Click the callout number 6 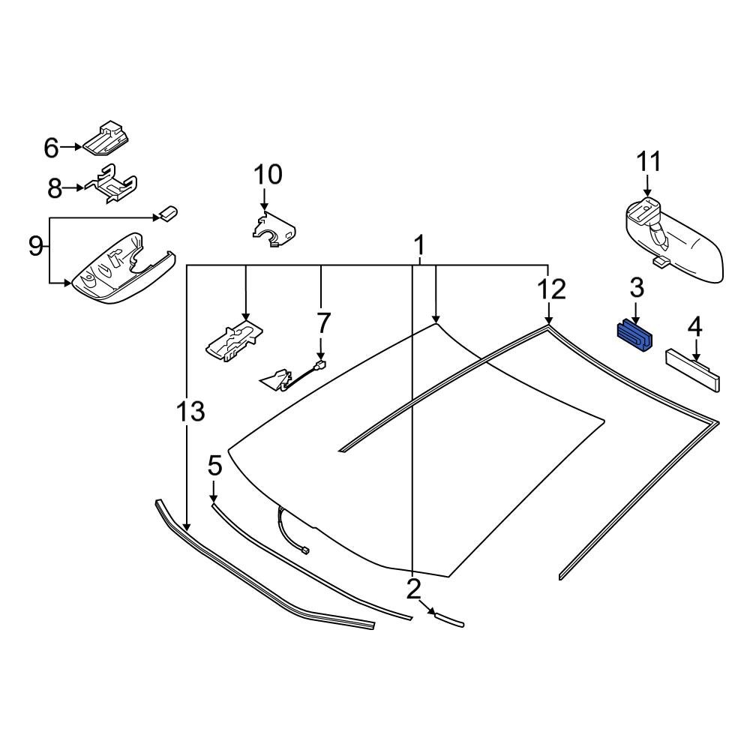(51, 148)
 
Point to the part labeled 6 (106, 138)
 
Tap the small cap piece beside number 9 (166, 214)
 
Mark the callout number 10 (267, 175)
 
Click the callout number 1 (420, 244)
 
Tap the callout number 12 (551, 289)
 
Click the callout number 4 (695, 327)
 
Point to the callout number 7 (322, 324)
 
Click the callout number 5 (214, 467)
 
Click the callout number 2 (414, 589)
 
